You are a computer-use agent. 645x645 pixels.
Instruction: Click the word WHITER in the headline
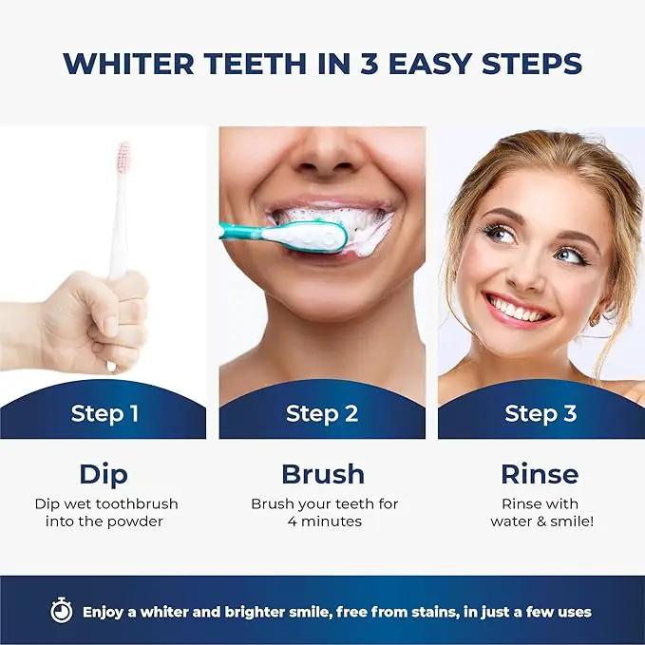[x=128, y=64]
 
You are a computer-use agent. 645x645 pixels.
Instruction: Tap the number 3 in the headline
[x=369, y=64]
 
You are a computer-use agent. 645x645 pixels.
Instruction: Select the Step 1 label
[x=104, y=414]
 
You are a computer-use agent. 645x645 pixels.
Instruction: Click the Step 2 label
[x=322, y=414]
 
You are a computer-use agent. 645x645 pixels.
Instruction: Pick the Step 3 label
[x=541, y=414]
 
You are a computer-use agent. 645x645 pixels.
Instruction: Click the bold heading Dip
[x=104, y=475]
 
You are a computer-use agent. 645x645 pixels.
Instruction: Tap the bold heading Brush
[x=323, y=474]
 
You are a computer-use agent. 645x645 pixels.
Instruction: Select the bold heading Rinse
[x=540, y=474]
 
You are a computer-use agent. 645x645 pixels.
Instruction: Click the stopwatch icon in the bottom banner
[x=62, y=610]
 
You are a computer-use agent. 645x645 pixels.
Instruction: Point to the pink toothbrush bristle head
[x=123, y=157]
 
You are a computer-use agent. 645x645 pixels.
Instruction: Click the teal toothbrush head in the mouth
[x=305, y=237]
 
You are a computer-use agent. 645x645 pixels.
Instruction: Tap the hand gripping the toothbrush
[x=95, y=321]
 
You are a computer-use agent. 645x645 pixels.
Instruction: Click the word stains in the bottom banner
[x=436, y=612]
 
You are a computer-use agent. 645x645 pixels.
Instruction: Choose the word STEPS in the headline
[x=532, y=64]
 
